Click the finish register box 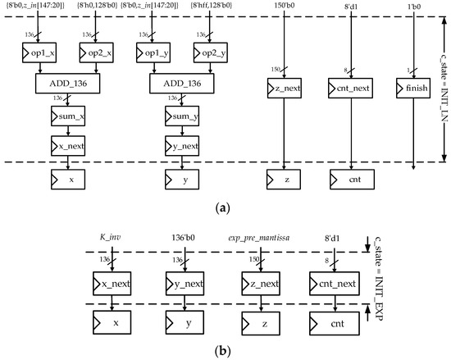(412, 85)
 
